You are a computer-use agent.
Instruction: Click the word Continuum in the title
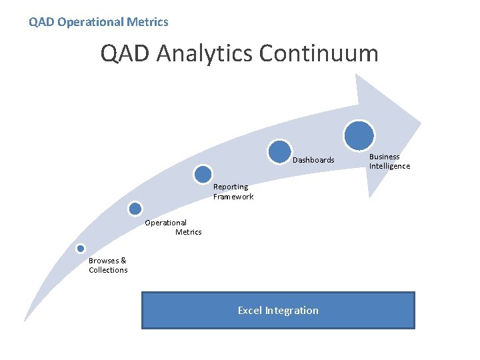tap(318, 53)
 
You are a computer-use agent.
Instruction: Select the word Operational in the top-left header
tap(91, 22)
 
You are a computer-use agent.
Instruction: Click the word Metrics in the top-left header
tap(148, 22)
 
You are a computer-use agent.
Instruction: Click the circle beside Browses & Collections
tap(81, 249)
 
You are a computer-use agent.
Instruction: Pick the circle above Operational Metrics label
tap(135, 209)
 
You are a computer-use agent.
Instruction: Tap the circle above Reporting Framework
tap(203, 175)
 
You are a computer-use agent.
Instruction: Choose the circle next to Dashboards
tap(280, 152)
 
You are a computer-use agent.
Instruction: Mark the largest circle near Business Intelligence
tap(359, 135)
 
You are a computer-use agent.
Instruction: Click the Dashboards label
tap(313, 160)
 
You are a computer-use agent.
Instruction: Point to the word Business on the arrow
tap(385, 157)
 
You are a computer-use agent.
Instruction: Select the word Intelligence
tap(390, 166)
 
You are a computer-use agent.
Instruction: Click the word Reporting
tap(231, 187)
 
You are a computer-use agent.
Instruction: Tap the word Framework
tap(233, 197)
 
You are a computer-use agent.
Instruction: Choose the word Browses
tap(103, 261)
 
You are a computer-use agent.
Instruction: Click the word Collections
tap(108, 270)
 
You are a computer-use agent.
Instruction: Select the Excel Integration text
tap(278, 310)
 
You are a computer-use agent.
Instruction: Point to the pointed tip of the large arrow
tap(421, 123)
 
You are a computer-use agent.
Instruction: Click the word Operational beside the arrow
tap(166, 223)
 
